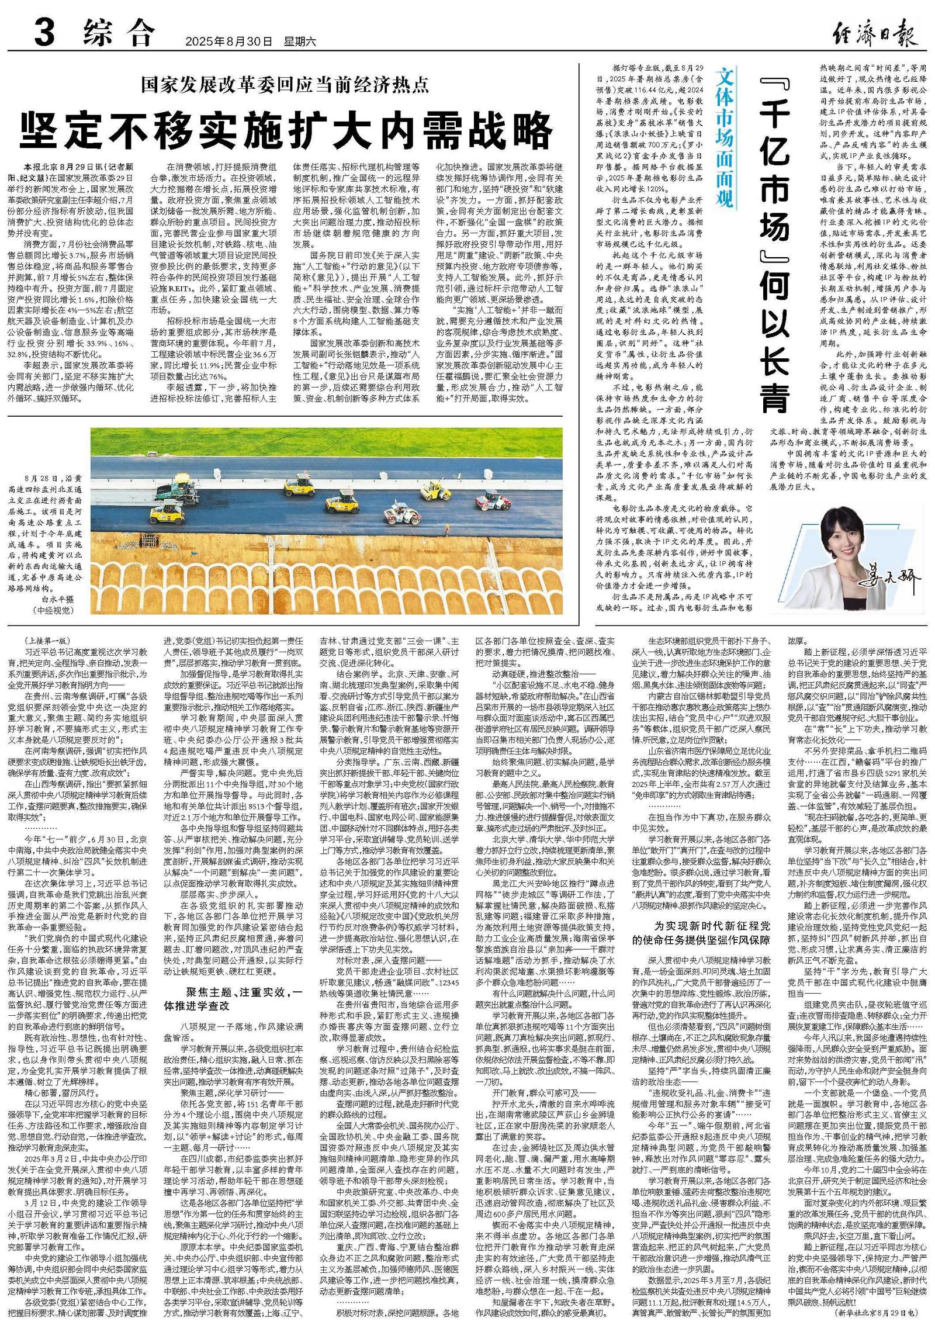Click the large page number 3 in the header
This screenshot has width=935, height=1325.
[44, 33]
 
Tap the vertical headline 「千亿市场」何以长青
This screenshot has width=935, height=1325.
[775, 245]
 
